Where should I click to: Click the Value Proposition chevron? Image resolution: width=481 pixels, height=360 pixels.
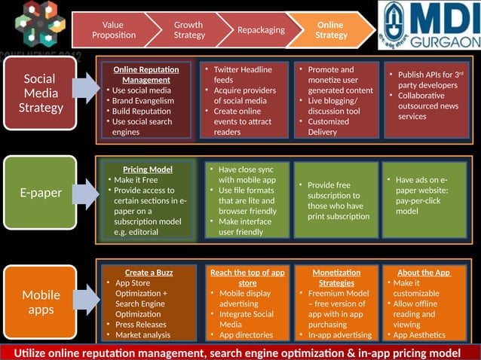[113, 30]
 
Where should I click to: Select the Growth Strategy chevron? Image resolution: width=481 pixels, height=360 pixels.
[188, 30]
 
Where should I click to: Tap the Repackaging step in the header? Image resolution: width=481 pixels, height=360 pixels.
[261, 30]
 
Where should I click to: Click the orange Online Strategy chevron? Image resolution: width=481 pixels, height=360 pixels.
[331, 30]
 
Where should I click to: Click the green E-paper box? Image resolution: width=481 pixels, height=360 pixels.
[41, 193]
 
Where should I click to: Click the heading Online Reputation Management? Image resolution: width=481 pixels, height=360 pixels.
[146, 75]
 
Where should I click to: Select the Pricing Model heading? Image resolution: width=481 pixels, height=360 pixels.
[148, 169]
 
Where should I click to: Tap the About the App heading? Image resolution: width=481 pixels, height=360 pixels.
[424, 273]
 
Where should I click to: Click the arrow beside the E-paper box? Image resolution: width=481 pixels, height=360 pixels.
[87, 193]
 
